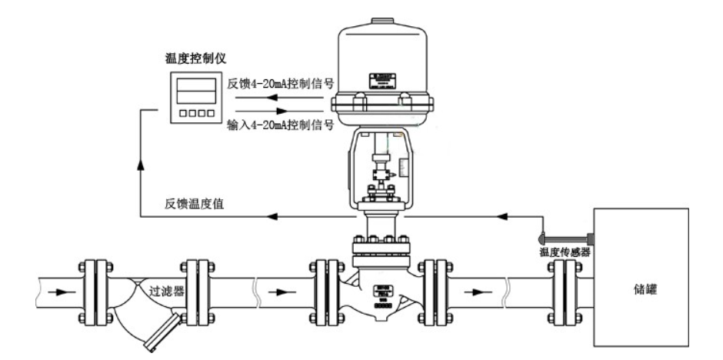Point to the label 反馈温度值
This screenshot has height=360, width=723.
click(194, 203)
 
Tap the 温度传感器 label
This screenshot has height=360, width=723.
click(565, 252)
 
